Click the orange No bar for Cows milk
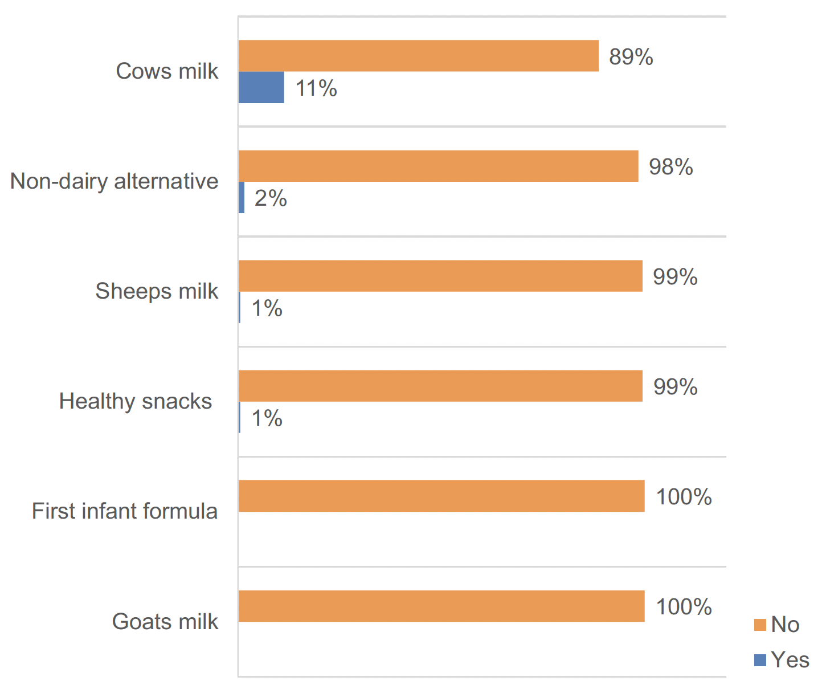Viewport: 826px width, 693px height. (418, 56)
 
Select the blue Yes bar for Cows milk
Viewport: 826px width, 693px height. (261, 87)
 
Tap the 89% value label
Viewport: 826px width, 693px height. (631, 57)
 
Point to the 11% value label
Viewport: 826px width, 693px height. (316, 89)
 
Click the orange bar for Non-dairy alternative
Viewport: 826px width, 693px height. (438, 166)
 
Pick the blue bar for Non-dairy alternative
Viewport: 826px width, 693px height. (242, 198)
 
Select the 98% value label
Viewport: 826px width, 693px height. (670, 167)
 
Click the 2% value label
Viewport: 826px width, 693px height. (271, 199)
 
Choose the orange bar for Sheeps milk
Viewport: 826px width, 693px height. (440, 276)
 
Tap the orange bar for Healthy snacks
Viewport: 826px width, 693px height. (440, 386)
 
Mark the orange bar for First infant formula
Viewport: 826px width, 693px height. (441, 496)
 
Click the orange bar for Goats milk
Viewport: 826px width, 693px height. (441, 606)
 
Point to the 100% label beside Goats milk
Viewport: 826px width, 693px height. (684, 607)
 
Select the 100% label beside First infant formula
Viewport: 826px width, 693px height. (684, 497)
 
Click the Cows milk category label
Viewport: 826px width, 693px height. (167, 71)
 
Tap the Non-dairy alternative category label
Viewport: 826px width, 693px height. (115, 181)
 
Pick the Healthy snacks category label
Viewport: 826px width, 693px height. (136, 401)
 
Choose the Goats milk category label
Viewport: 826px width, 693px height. (165, 621)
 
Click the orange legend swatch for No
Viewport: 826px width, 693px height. (760, 625)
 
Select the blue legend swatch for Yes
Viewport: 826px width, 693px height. (760, 660)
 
